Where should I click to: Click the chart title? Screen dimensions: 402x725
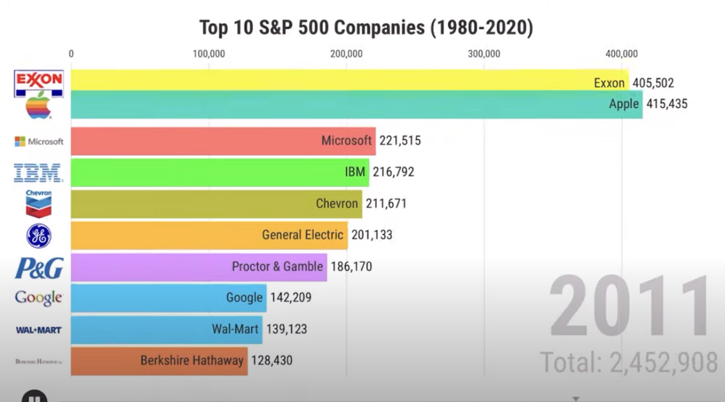(x=366, y=28)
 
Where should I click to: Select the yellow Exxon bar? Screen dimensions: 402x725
(x=326, y=80)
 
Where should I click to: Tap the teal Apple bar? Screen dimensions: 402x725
(x=326, y=104)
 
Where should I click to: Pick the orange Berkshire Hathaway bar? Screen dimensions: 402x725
(x=159, y=360)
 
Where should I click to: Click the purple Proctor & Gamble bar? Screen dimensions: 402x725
(x=199, y=267)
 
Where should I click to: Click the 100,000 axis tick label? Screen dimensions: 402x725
(x=209, y=54)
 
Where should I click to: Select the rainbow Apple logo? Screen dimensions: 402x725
(x=39, y=106)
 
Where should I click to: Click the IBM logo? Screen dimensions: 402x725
(x=38, y=172)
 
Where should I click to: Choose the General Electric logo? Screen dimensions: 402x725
(x=38, y=235)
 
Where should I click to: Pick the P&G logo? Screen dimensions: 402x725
(x=39, y=267)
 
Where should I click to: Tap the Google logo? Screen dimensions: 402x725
(x=38, y=298)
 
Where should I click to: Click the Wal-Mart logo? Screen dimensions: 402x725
(x=39, y=330)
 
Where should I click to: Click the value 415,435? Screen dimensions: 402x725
(x=666, y=104)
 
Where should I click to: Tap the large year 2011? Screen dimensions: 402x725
(x=629, y=307)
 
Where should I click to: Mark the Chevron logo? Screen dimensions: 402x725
(x=38, y=204)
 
